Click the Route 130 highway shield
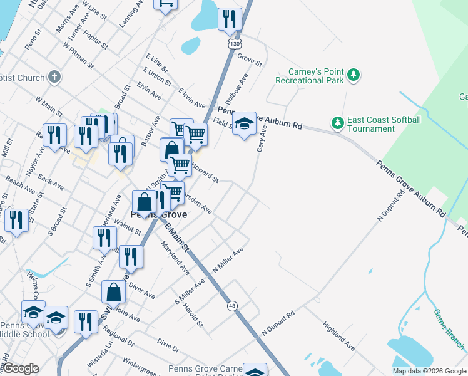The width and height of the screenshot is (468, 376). point(235,44)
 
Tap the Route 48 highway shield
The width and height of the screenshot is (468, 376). point(233,305)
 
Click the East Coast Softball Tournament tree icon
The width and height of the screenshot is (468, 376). point(338,121)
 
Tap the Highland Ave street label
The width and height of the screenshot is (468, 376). point(339,337)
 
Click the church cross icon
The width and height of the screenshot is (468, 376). point(54,77)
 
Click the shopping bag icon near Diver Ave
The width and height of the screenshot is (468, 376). point(113,292)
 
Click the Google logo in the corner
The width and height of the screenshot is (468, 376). point(21,368)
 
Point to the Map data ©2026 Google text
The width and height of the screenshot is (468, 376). point(429,371)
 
